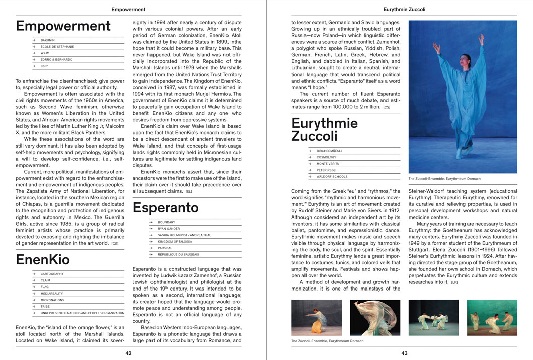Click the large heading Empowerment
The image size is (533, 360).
coord(63,26)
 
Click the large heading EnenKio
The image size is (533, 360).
coord(43,260)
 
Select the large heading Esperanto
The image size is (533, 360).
coord(166,208)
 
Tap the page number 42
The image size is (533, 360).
coord(128,353)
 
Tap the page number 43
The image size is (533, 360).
coord(404,353)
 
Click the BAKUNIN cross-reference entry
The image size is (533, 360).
coord(48,40)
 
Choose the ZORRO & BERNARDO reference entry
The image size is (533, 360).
coord(56,59)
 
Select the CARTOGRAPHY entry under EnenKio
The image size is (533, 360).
coord(52,274)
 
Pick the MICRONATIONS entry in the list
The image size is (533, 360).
coord(52,300)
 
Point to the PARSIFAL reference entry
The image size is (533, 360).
coord(166,248)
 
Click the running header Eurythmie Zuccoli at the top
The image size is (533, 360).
coord(404,9)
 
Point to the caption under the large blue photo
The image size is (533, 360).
coord(444,179)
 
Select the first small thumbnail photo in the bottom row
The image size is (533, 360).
coord(316,318)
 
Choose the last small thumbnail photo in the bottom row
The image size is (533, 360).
coord(492,318)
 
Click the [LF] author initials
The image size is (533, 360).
coord(454,282)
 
